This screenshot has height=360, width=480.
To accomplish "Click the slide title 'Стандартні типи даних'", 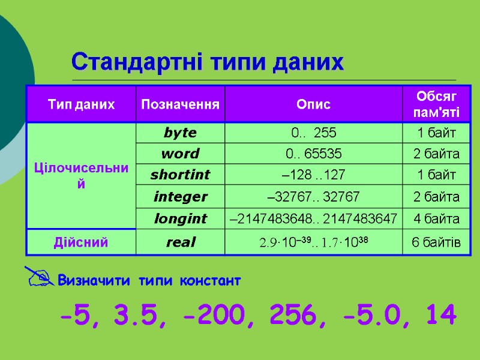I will (208, 62).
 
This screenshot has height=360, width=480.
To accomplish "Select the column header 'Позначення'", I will (179, 104).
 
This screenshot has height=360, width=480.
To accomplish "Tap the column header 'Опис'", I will (313, 104).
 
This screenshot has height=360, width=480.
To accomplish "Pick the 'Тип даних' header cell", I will (81, 104).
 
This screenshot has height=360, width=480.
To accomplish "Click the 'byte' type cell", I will (179, 133).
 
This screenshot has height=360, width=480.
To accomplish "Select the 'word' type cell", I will (179, 154).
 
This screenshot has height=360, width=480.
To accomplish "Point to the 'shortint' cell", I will (179, 175).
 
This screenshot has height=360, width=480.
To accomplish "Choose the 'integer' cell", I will (179, 197).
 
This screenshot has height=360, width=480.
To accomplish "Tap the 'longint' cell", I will (179, 219).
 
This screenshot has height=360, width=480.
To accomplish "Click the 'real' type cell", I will (179, 242).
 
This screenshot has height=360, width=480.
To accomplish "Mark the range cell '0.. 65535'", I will (313, 154).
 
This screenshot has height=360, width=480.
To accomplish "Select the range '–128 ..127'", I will (313, 175).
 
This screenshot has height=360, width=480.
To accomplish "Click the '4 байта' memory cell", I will (436, 219).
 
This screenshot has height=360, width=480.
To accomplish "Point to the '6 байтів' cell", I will (436, 242).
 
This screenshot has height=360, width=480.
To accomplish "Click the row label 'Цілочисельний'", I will (81, 175).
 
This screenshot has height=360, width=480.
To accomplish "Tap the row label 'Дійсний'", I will (81, 242).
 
